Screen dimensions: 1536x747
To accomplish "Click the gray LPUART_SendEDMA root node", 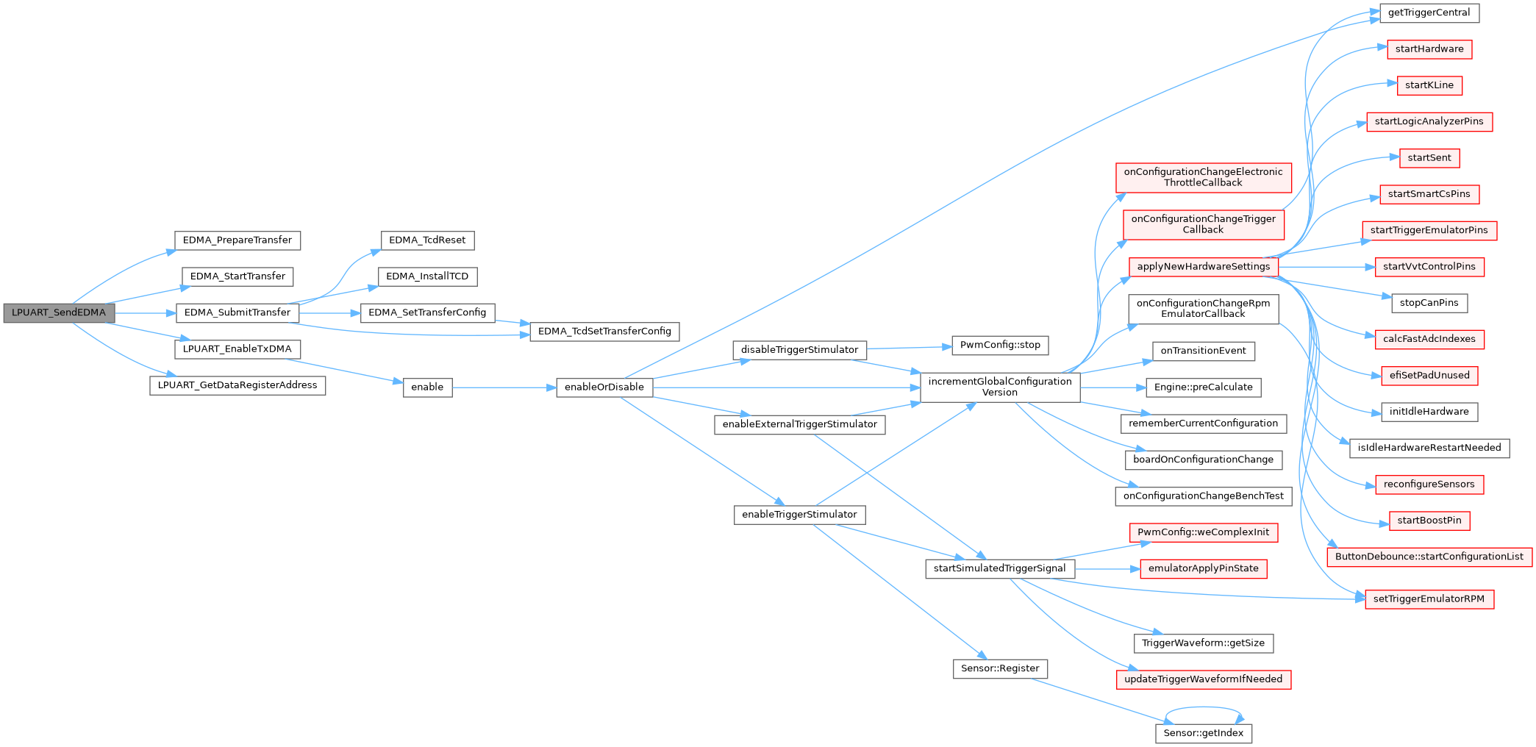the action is coord(59,313).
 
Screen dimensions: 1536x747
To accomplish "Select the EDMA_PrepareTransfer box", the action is coord(237,240).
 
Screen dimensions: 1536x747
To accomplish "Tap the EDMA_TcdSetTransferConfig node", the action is coord(604,332).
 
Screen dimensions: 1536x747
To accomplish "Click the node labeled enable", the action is coord(427,387).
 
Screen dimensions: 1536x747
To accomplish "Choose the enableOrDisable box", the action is coord(604,387).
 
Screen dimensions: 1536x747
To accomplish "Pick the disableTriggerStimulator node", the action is coord(799,350).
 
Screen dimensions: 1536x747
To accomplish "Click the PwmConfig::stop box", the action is coord(1000,346).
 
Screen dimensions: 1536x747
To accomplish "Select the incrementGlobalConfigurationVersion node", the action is coord(1000,387).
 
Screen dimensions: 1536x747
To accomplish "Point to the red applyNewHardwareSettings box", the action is coord(1204,267).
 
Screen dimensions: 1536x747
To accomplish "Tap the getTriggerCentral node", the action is coord(1429,13).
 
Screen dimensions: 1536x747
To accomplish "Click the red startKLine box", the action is coord(1429,85).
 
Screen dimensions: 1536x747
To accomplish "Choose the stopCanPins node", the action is coord(1429,303).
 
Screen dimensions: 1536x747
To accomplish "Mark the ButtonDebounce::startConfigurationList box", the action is coord(1429,557).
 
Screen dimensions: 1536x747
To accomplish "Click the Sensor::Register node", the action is coord(1000,669).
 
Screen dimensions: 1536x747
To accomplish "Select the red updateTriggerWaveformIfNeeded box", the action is coord(1204,679).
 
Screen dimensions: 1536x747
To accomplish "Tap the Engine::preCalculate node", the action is coord(1204,387).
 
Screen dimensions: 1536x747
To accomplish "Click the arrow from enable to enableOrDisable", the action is coord(504,387).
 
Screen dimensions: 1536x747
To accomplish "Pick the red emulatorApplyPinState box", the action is coord(1204,569).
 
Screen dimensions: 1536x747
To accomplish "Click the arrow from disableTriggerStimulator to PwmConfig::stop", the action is coord(910,348).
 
